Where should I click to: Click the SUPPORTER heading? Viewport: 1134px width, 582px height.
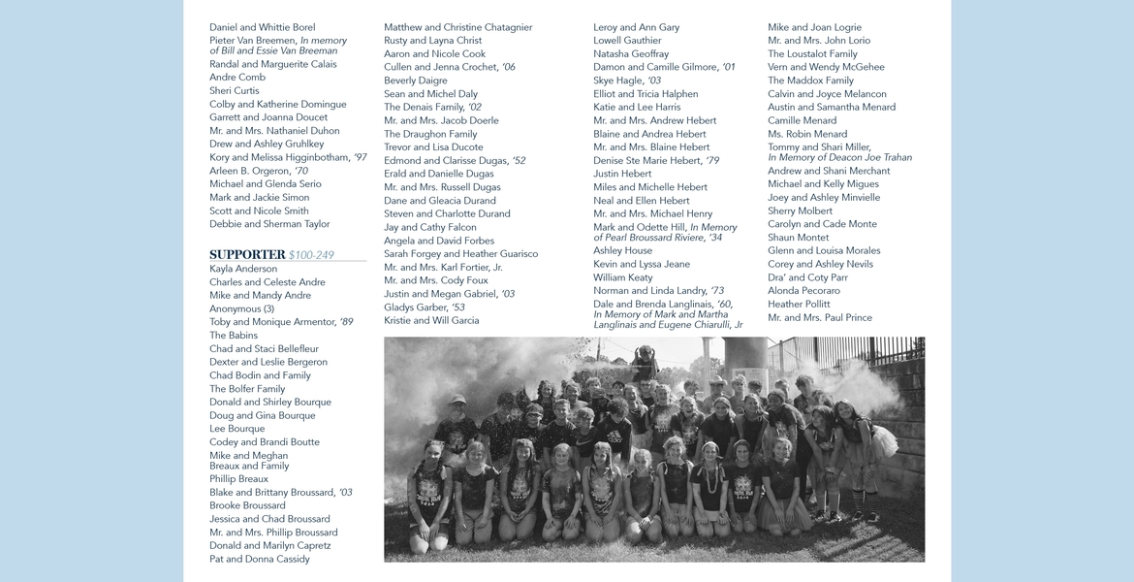click(x=247, y=255)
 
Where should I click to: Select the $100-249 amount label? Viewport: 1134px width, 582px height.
click(x=311, y=255)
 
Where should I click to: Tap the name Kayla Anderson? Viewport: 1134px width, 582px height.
click(x=243, y=269)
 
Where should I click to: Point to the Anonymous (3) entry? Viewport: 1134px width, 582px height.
click(x=241, y=308)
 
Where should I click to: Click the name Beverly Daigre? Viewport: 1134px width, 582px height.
click(x=415, y=81)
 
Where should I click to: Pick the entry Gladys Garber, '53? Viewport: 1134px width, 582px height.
click(x=425, y=307)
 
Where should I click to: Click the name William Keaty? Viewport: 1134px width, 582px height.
click(x=623, y=277)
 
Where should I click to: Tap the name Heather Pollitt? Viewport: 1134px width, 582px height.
click(x=799, y=305)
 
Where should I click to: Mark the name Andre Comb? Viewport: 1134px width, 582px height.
click(x=237, y=78)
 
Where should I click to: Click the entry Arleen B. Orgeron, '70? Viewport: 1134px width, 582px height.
click(x=259, y=171)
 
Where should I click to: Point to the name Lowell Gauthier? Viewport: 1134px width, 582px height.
click(x=627, y=41)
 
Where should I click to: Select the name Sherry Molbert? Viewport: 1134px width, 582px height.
click(x=800, y=210)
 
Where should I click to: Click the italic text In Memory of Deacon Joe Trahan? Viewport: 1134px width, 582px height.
click(x=839, y=158)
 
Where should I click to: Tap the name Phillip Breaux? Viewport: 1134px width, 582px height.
click(x=238, y=479)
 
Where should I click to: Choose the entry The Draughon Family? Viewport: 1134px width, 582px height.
click(x=430, y=134)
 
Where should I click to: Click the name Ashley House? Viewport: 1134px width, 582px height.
click(x=622, y=250)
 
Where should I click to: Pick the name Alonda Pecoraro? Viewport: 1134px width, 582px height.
click(x=803, y=291)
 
